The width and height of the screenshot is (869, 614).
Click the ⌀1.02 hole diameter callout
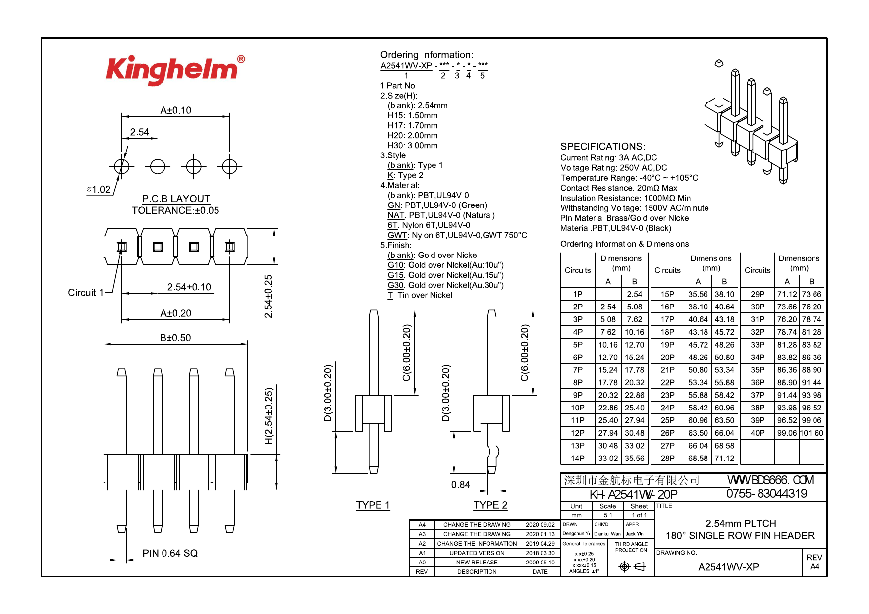[x=99, y=190]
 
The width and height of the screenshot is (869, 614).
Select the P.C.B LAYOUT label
[x=176, y=199]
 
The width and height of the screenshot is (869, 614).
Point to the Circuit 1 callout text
[x=86, y=293]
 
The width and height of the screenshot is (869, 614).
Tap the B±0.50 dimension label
[x=175, y=338]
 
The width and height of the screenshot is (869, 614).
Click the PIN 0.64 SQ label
[x=170, y=553]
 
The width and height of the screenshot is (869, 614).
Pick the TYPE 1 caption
[x=373, y=505]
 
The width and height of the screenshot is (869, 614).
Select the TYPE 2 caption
[x=490, y=505]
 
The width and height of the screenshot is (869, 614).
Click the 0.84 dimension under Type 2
[x=460, y=485]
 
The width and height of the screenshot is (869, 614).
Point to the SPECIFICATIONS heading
[x=602, y=147]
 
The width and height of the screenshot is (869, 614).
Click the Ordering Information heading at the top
[x=427, y=55]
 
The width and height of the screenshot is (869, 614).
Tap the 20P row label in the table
[x=667, y=357]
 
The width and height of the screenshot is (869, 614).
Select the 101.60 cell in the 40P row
[x=812, y=433]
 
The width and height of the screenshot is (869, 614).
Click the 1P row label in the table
[x=578, y=294]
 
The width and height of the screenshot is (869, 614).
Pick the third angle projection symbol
[x=632, y=566]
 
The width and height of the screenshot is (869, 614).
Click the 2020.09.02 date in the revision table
[x=540, y=525]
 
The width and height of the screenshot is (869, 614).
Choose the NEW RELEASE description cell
[x=477, y=563]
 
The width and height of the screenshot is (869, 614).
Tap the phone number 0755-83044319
[x=766, y=494]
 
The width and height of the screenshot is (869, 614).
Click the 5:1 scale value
[x=607, y=515]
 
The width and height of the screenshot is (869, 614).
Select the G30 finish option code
[x=395, y=285]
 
